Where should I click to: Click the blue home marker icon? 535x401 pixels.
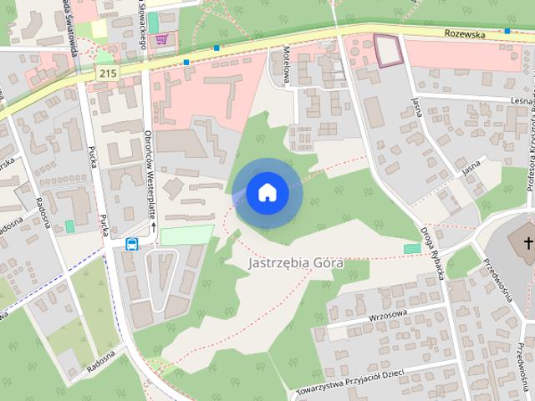267,192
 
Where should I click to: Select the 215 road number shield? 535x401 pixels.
106,74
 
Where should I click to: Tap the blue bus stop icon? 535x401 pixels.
131,244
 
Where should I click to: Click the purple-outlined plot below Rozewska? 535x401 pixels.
387,49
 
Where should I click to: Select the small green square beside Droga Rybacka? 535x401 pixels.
411,248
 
